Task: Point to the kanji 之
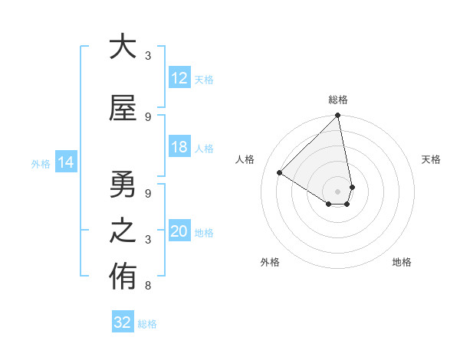tap(123, 231)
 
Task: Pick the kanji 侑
tap(123, 277)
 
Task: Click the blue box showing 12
tap(179, 78)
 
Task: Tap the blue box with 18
tap(179, 147)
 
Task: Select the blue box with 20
tap(179, 231)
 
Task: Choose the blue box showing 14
tap(66, 162)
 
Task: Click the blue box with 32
tap(123, 322)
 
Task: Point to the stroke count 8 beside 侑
tap(147, 286)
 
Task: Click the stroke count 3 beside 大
tap(147, 55)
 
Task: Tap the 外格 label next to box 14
tap(41, 163)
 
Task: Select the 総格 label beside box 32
tap(147, 323)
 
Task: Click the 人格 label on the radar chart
tap(245, 159)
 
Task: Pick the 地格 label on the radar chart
tap(402, 262)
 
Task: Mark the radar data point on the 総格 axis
tap(337, 116)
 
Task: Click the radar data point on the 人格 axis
tap(280, 173)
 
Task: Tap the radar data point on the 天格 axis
tap(352, 187)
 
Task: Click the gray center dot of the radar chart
tap(337, 191)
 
